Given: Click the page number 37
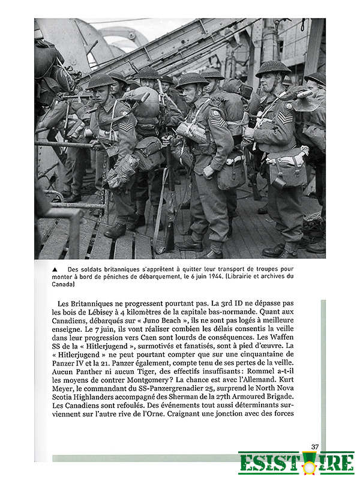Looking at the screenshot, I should tap(314, 446).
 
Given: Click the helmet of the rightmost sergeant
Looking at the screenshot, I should tap(273, 68).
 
